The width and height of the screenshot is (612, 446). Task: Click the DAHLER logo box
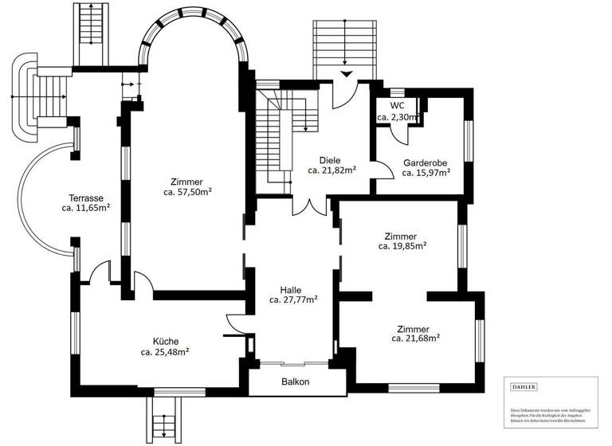[524, 387]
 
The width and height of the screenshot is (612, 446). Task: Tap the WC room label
[396, 105]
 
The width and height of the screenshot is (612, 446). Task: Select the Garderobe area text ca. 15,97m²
[426, 172]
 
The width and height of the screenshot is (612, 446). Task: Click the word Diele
[330, 159]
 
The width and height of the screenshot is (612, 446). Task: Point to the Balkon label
[295, 381]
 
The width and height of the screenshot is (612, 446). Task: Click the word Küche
[166, 340]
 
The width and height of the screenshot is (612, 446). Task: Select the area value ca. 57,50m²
[187, 192]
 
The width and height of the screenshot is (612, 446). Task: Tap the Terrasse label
[86, 198]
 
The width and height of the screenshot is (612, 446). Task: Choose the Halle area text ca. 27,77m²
[293, 300]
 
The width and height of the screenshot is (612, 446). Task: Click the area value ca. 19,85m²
[402, 247]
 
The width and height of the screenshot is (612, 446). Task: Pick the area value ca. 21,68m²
[416, 338]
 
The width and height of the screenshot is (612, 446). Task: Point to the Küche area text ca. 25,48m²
[165, 351]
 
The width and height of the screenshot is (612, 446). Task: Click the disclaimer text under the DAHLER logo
[553, 413]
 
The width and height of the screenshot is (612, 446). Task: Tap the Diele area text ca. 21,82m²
[331, 170]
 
